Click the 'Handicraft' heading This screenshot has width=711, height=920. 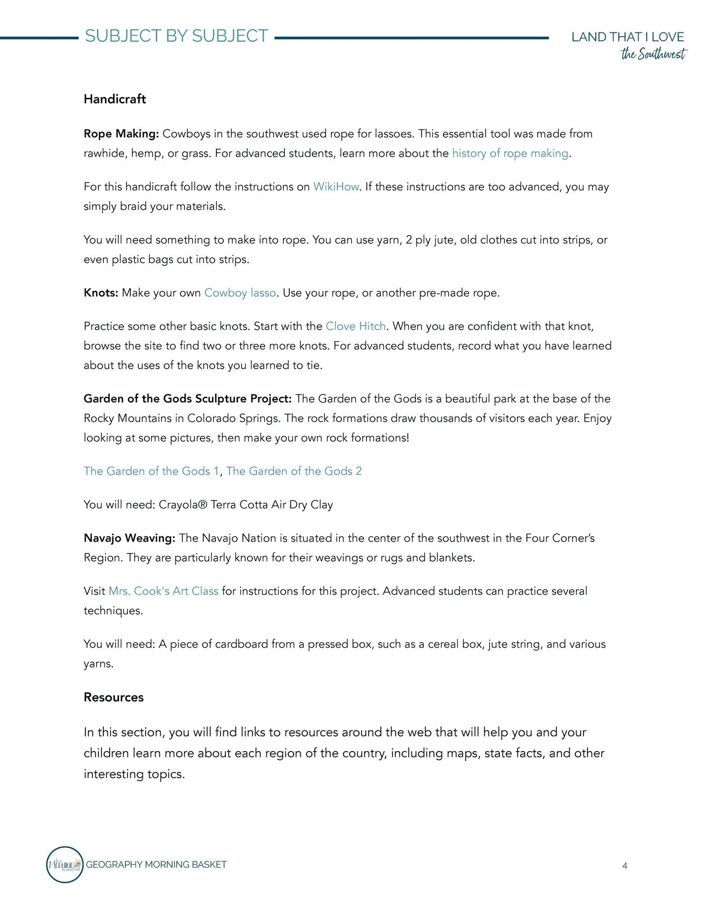point(115,99)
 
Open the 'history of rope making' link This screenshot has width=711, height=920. point(510,153)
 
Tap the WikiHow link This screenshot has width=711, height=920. point(336,187)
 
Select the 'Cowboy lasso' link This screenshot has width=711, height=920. point(240,293)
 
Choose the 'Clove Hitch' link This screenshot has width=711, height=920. point(356,326)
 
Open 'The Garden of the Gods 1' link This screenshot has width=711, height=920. point(151,471)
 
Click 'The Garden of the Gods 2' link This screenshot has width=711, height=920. point(294,471)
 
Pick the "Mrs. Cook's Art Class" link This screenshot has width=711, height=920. point(163,591)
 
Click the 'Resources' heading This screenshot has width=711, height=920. point(114,697)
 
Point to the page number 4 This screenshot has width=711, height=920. point(624,866)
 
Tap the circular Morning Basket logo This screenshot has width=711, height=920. point(64,864)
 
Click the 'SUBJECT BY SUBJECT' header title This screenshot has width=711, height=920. point(176,36)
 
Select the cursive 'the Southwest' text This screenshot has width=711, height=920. point(653,54)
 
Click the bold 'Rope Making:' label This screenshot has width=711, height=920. point(121,134)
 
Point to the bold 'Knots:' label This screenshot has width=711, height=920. point(101,293)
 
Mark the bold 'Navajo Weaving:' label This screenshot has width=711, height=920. point(129,538)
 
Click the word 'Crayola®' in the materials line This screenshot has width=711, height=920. point(183,505)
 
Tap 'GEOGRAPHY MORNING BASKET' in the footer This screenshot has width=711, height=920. point(156,864)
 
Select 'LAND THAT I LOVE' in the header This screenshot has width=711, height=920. point(627,37)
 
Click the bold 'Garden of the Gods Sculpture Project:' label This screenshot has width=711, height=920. point(187,399)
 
